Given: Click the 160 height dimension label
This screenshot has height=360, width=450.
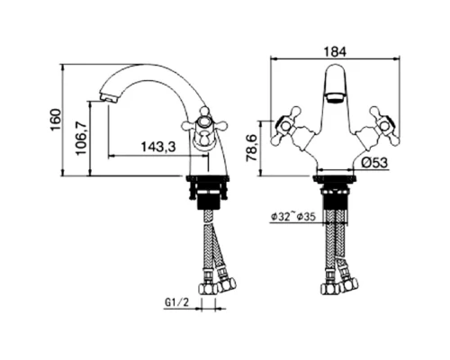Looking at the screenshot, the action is coord(56,120).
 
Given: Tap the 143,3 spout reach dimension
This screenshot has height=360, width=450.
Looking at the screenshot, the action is coord(158,147).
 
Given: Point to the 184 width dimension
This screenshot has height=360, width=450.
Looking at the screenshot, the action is coord(335,51).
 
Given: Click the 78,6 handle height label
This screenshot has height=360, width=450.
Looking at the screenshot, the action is coord(252,148).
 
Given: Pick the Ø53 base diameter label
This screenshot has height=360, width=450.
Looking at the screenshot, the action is coord(375,163).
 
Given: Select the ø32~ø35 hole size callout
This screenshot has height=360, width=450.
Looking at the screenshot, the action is coord(293,217).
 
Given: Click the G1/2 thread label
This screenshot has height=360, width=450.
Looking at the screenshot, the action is coord(176,302).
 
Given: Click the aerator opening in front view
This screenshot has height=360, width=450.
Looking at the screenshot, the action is coord(335,98).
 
